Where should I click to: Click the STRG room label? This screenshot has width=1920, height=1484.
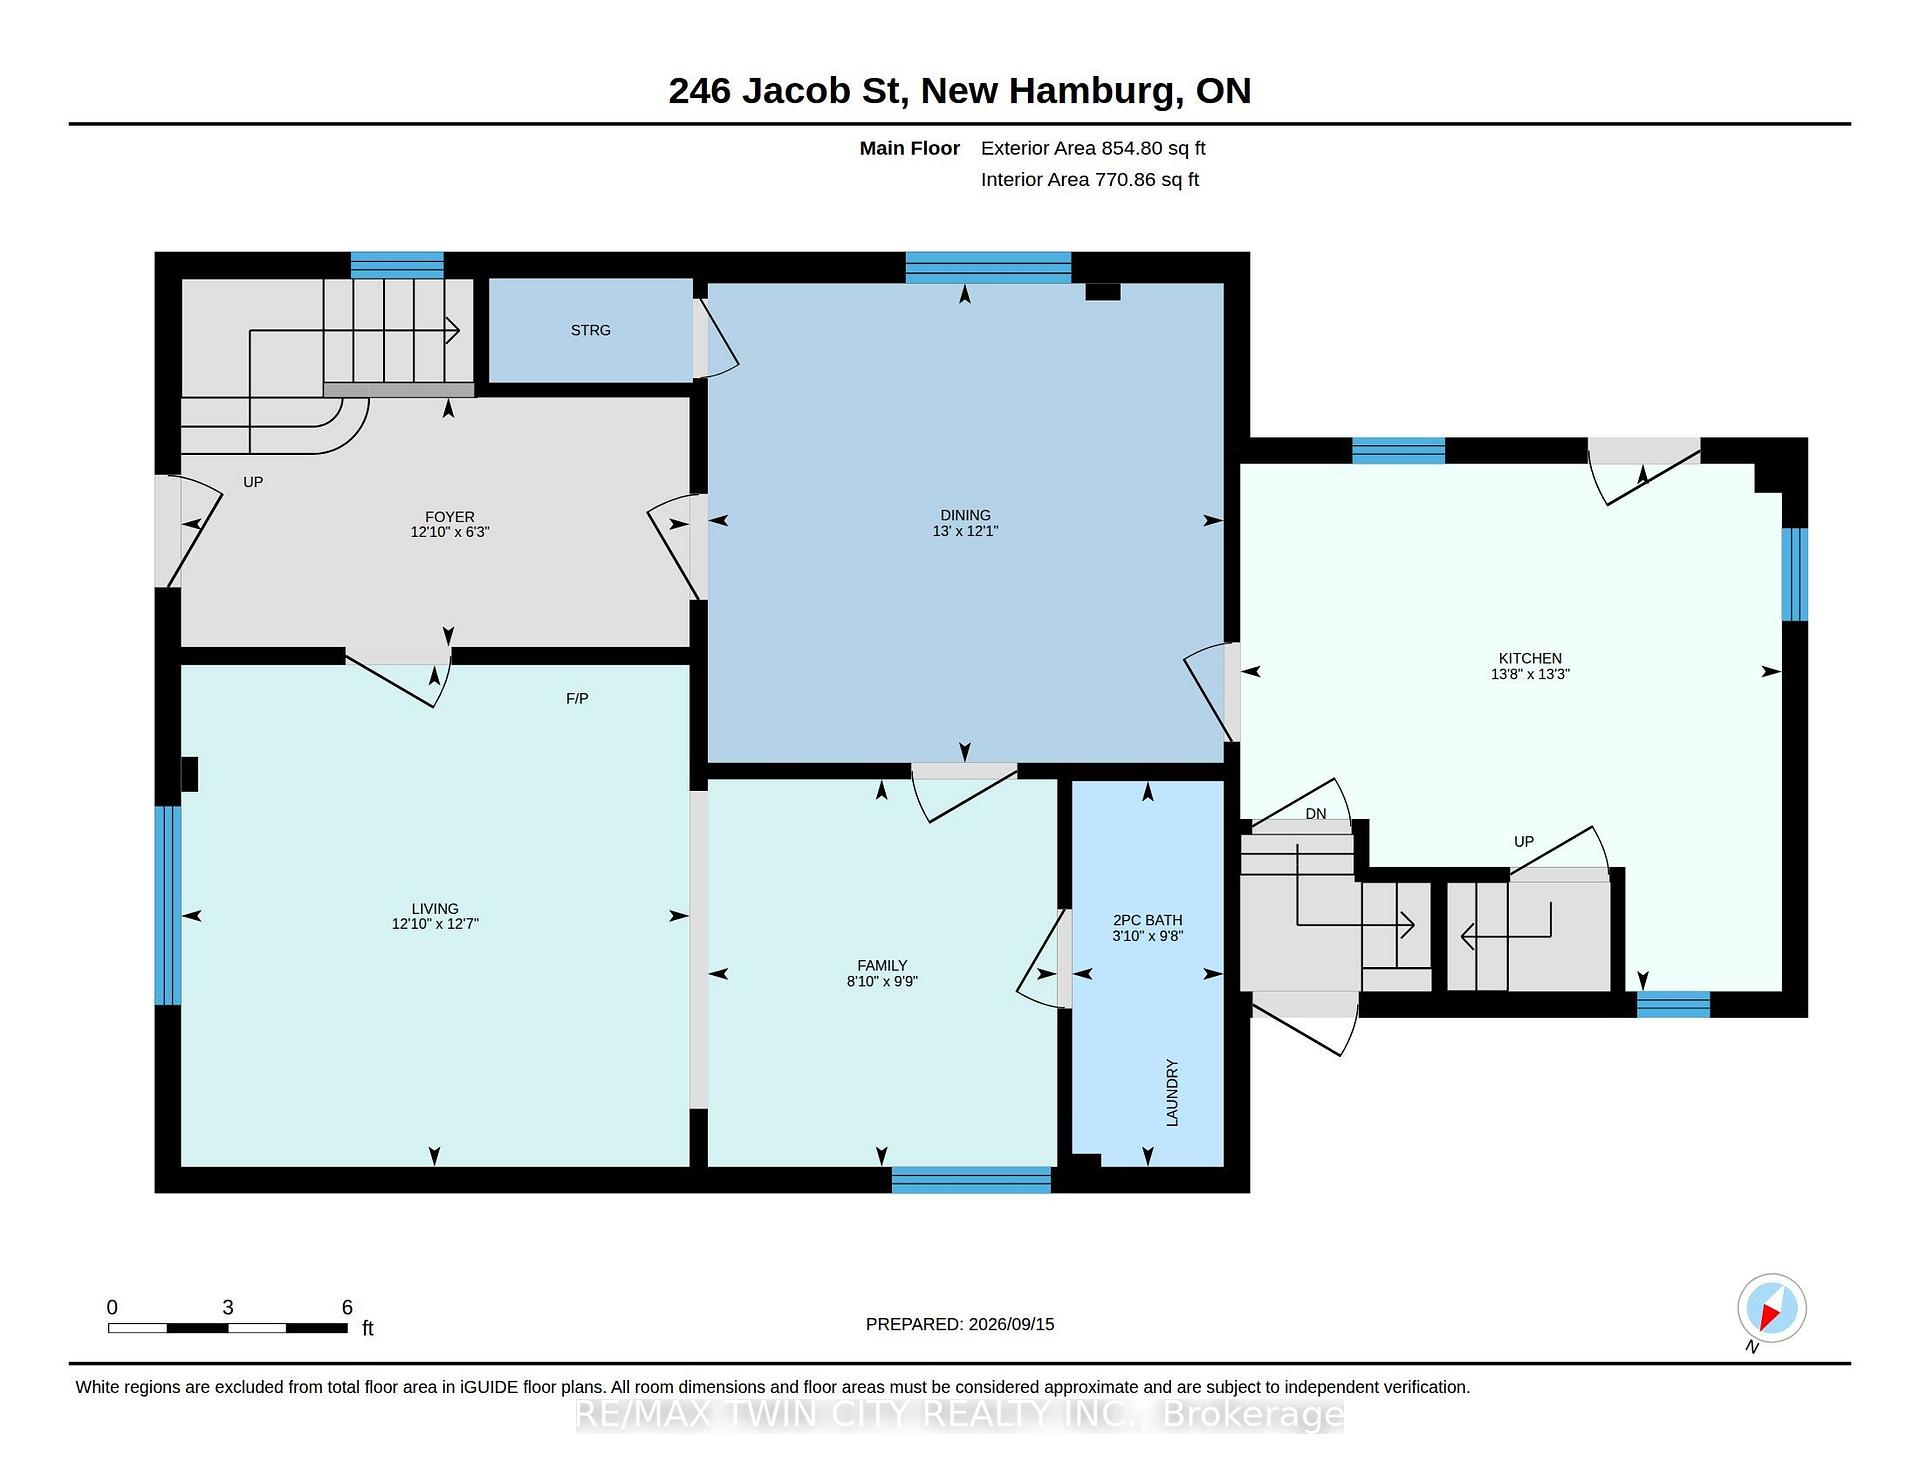click(590, 330)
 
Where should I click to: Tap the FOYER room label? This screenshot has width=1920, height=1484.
click(449, 517)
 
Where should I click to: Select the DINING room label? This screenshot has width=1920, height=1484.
click(965, 515)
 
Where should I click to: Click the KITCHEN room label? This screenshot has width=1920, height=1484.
click(1530, 658)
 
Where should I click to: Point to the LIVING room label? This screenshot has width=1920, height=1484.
click(434, 909)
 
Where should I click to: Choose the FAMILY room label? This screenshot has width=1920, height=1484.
click(882, 965)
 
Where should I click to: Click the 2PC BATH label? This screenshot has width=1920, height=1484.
click(1148, 920)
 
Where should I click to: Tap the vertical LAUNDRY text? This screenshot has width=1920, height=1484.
click(1172, 1093)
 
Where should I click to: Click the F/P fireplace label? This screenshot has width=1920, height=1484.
click(577, 698)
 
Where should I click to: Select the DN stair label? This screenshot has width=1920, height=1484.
click(1316, 814)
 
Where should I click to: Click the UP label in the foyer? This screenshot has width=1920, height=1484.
click(253, 482)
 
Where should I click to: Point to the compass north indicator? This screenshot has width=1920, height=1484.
click(1771, 1309)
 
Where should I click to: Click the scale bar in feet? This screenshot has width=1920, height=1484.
click(228, 1328)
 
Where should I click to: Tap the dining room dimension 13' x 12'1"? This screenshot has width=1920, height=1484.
click(965, 531)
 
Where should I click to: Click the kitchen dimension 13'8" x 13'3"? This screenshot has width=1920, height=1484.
click(1530, 674)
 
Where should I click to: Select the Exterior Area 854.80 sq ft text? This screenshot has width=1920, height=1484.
click(1093, 148)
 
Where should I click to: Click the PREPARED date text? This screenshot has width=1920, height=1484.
click(960, 1324)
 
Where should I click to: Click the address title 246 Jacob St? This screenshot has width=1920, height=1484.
click(788, 91)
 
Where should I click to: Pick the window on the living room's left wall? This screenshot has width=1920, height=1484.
click(168, 905)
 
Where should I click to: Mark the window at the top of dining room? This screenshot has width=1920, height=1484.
click(988, 267)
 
